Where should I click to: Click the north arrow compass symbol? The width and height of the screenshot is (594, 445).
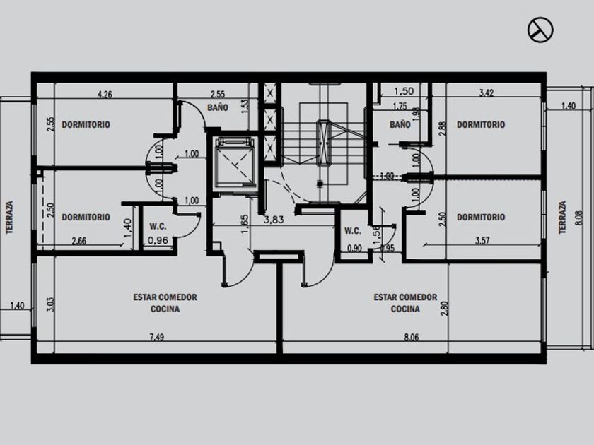click(x=540, y=30)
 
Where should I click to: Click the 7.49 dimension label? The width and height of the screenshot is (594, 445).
click(x=156, y=337)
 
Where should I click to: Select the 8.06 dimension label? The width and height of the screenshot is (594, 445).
click(x=412, y=337)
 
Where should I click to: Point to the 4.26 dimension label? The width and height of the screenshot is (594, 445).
click(x=105, y=94)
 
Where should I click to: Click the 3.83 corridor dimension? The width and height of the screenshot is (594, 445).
click(x=274, y=220)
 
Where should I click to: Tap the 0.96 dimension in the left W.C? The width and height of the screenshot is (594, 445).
click(x=158, y=240)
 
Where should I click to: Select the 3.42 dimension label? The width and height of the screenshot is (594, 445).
click(x=487, y=93)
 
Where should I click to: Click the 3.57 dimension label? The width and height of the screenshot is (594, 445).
click(x=482, y=241)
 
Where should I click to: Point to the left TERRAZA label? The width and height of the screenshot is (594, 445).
click(x=9, y=218)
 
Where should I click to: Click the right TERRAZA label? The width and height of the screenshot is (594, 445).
click(x=563, y=218)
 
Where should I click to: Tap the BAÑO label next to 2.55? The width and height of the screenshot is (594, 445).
click(x=218, y=107)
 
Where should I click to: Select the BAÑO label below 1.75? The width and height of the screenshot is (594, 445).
click(x=400, y=124)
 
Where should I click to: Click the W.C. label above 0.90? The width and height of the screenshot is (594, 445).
click(x=353, y=230)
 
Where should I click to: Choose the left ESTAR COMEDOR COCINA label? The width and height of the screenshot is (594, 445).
click(x=165, y=303)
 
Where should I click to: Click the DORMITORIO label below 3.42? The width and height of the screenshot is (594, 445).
click(x=481, y=124)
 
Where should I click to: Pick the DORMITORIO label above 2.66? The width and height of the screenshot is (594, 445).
click(x=86, y=218)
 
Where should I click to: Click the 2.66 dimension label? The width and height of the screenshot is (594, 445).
click(x=78, y=241)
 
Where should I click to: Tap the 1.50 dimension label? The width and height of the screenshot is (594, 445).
click(x=404, y=91)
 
